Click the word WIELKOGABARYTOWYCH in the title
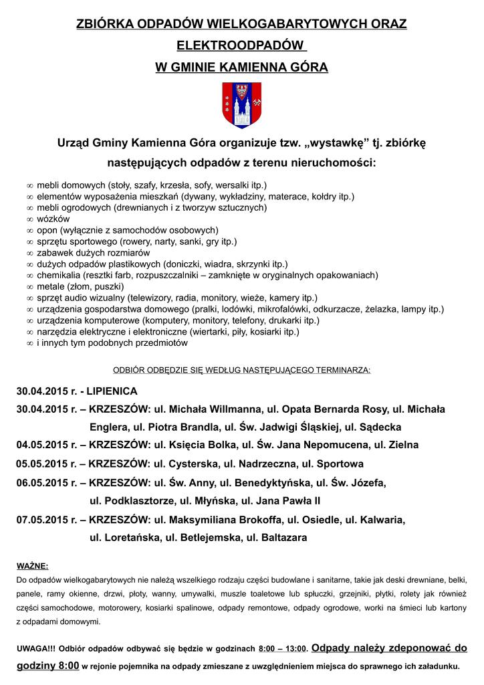[262, 25]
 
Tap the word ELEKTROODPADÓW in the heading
[240, 46]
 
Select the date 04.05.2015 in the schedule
[43, 445]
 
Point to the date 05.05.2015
[43, 464]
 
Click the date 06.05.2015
[43, 482]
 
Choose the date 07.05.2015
[43, 519]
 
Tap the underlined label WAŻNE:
[32, 565]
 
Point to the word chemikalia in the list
[59, 275]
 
